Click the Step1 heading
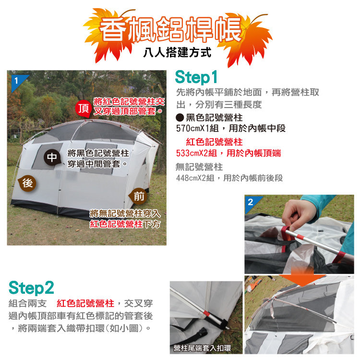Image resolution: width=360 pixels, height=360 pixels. pyautogui.click(x=196, y=77)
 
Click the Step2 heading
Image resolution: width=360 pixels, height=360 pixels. pyautogui.click(x=31, y=288)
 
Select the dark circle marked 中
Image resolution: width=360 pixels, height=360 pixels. pyautogui.click(x=52, y=157)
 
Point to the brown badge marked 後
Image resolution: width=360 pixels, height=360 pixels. pyautogui.click(x=27, y=183)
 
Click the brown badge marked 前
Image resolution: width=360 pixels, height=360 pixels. pyautogui.click(x=138, y=196)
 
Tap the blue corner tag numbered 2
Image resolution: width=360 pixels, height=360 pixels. pyautogui.click(x=252, y=202)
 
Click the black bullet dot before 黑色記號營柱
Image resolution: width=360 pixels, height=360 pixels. pyautogui.click(x=180, y=118)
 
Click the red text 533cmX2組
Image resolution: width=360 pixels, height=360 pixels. pyautogui.click(x=196, y=153)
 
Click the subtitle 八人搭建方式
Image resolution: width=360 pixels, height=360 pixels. pyautogui.click(x=177, y=52)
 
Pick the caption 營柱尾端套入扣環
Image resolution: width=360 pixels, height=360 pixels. pyautogui.click(x=203, y=348)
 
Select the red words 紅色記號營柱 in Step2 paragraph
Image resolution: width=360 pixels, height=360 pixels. pyautogui.click(x=85, y=303)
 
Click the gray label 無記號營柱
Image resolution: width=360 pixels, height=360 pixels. pyautogui.click(x=199, y=167)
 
